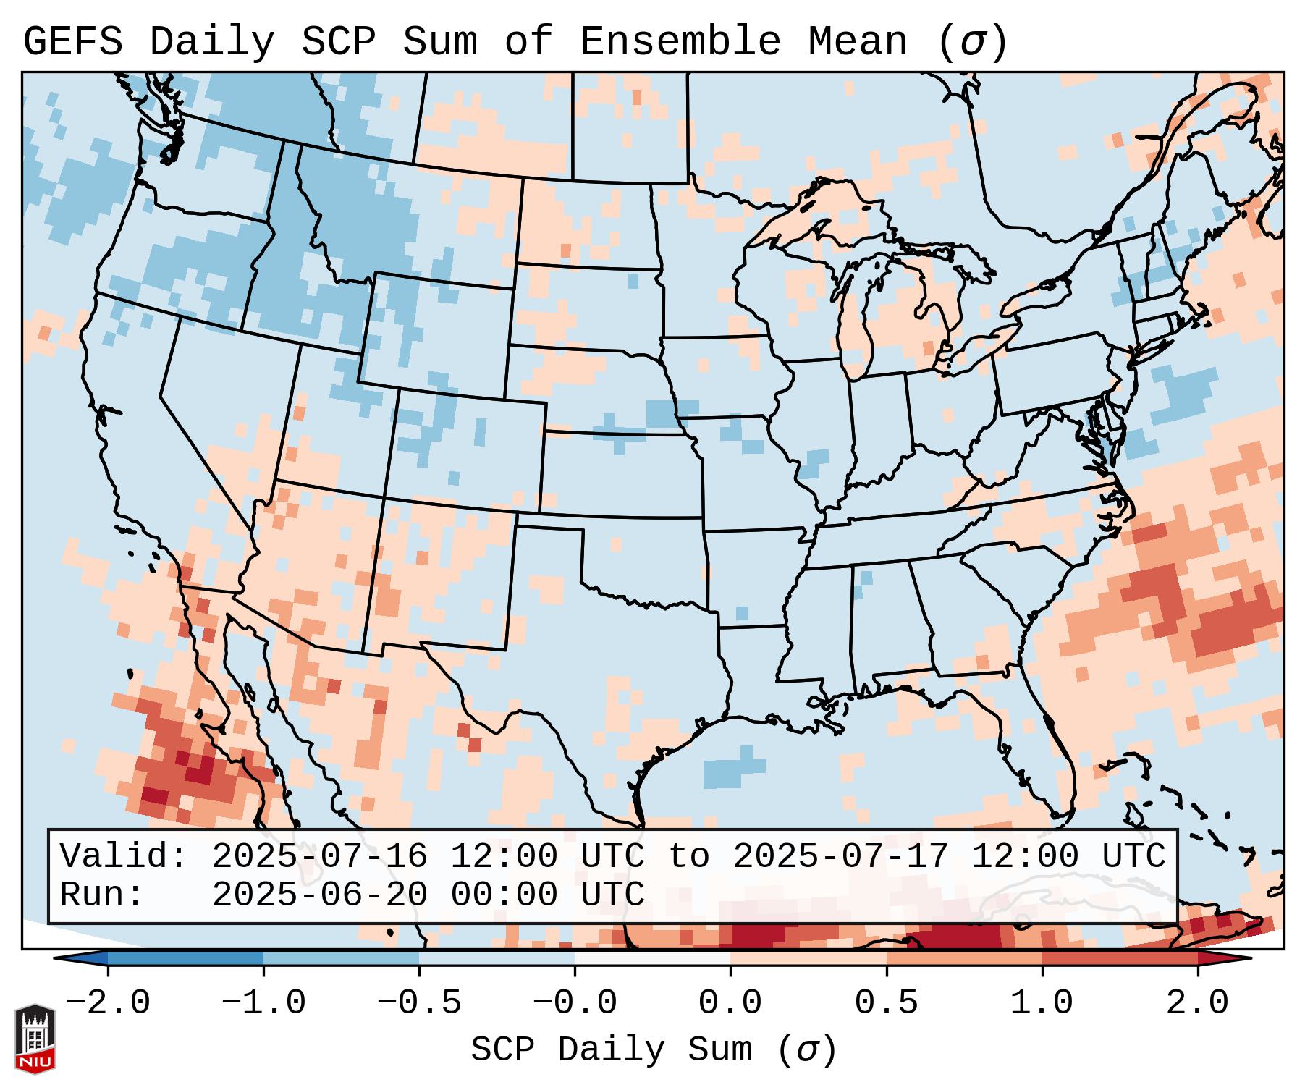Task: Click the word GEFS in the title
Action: [x=72, y=42]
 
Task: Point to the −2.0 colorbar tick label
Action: [x=108, y=1003]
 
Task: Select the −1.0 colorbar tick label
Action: [x=263, y=1003]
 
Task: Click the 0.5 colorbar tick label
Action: [x=886, y=1003]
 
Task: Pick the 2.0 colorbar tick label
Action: [x=1197, y=1003]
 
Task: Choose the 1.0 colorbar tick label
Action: [x=1042, y=1003]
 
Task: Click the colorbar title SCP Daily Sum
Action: [x=611, y=1050]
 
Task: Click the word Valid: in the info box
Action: [x=124, y=857]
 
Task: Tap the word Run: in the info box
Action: [x=102, y=895]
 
